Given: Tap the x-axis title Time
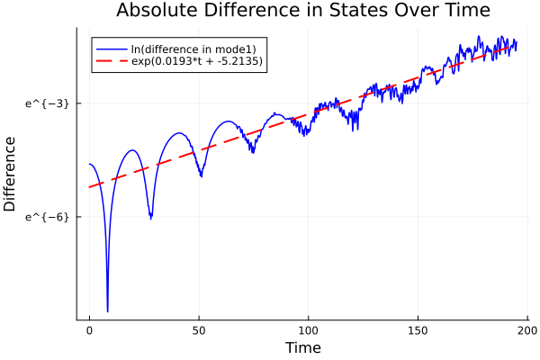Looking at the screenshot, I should coord(302,347).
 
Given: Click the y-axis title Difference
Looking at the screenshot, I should coord(10,174).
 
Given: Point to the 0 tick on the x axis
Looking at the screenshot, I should coord(89,329).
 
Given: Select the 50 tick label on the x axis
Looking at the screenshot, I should coord(199,329).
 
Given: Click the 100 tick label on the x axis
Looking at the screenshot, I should coord(309,329).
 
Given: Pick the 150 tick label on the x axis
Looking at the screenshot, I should coord(418,329).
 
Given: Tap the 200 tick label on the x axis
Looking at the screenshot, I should coord(528,329).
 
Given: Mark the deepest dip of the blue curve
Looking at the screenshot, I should coord(107,310).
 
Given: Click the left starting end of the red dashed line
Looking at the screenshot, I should coord(90,187).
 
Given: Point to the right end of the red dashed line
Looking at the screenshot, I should coord(516,44).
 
